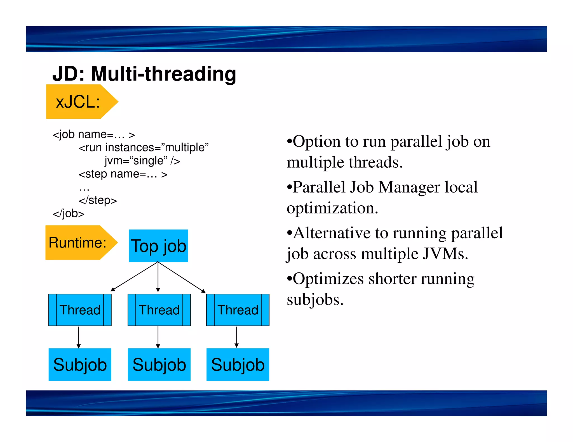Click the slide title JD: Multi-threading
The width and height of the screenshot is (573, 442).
point(144,74)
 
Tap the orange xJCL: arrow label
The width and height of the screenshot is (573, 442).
point(78,102)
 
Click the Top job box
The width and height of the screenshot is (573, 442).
point(158,246)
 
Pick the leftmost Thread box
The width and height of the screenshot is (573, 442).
point(80,310)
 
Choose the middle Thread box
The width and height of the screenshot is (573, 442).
point(159,310)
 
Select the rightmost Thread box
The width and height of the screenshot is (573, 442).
point(238,310)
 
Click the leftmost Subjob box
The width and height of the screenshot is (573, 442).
point(80,365)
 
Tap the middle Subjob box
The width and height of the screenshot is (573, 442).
point(159,365)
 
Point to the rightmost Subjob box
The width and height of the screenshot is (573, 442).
point(238,365)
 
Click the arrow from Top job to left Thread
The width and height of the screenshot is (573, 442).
point(134,276)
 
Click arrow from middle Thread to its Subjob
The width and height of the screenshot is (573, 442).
point(158,337)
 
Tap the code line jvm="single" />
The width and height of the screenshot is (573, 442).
point(142,161)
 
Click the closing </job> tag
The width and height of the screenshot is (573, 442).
point(69,213)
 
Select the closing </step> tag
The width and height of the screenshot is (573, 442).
point(98,200)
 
